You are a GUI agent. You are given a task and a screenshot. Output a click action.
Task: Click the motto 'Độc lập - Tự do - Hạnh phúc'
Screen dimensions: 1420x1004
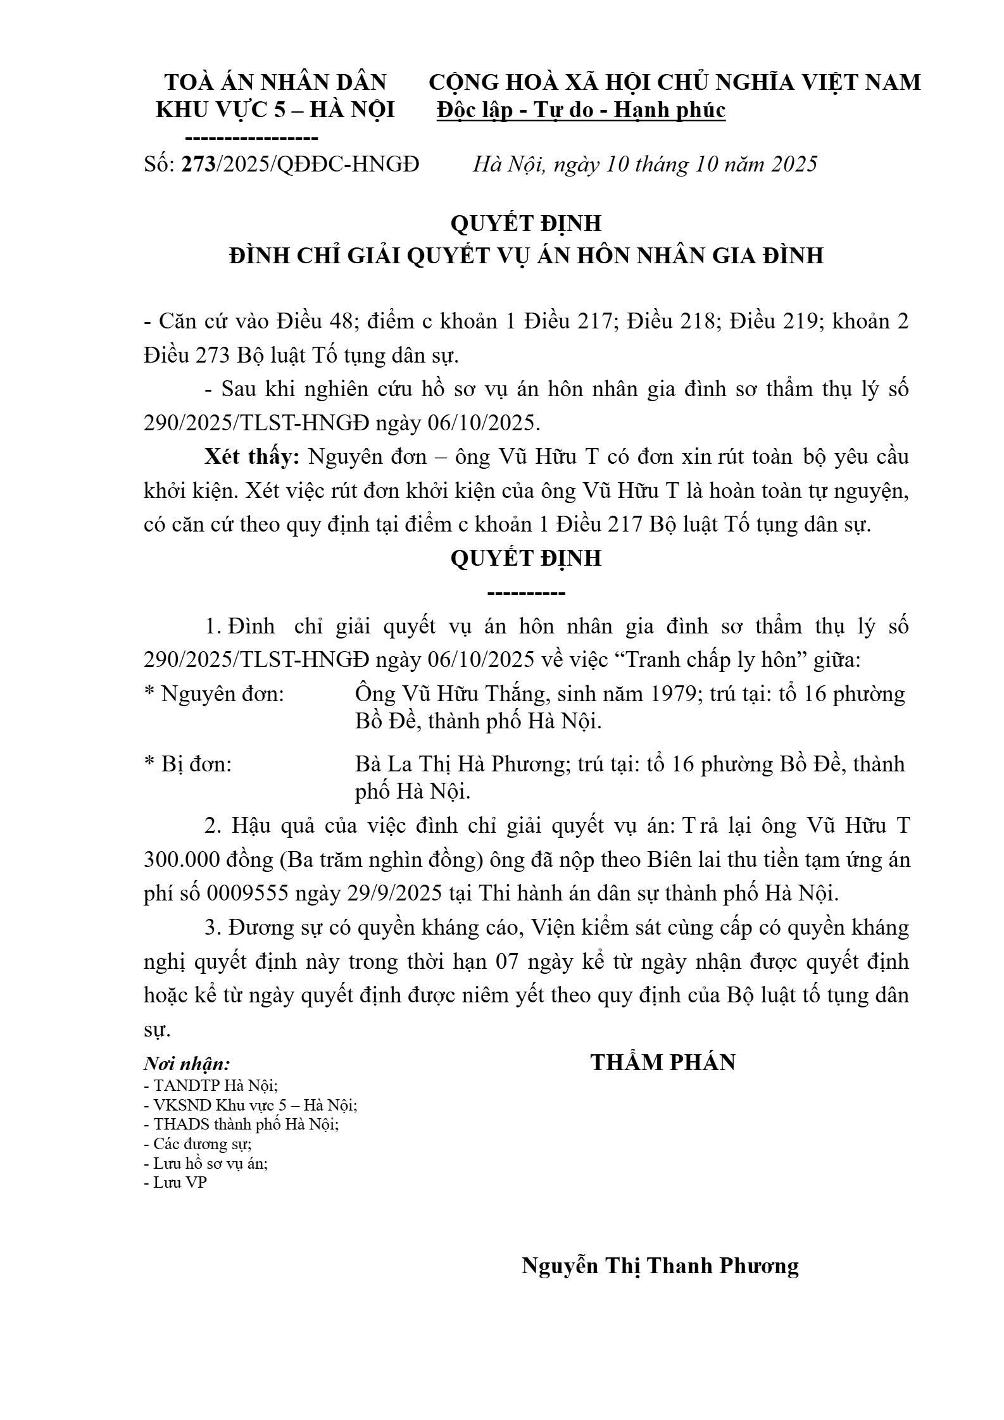[x=581, y=110]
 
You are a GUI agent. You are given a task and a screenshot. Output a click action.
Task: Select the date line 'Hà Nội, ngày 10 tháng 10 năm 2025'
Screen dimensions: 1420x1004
[x=645, y=164]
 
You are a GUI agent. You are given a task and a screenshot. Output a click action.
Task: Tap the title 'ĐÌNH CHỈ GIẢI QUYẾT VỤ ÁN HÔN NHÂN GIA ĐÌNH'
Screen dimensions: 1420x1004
[x=526, y=255]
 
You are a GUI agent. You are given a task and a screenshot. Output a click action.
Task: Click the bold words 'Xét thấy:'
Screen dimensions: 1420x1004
[x=252, y=456]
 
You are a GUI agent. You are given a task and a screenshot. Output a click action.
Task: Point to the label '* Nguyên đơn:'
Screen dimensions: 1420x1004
[x=215, y=694]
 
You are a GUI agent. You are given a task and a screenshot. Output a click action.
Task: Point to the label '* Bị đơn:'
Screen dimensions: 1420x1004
[x=188, y=764]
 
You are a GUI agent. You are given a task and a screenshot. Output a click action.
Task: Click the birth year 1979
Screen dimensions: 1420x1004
[x=672, y=694]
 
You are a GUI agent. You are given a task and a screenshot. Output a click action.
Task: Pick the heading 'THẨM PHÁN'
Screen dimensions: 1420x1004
[x=663, y=1062]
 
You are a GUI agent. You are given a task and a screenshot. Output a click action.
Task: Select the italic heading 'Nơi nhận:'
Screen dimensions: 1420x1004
[x=187, y=1063]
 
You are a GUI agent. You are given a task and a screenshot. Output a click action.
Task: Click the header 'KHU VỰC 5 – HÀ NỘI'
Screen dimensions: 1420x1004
[x=275, y=110]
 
